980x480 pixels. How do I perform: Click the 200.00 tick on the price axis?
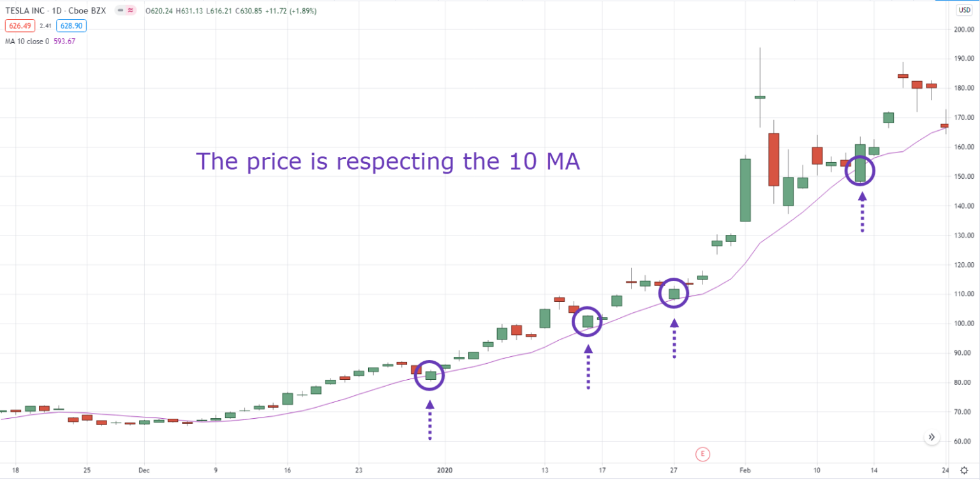[964, 29]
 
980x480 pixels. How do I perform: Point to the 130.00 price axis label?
[964, 236]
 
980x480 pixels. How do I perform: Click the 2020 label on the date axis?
[445, 470]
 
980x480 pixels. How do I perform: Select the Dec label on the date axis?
[144, 470]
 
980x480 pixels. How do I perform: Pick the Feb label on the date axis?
[744, 470]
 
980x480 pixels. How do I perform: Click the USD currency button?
[963, 10]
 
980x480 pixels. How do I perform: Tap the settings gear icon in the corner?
[964, 470]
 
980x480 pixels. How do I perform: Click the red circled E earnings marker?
[702, 454]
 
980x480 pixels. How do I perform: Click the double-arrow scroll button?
[932, 437]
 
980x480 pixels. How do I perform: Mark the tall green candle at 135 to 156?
[745, 190]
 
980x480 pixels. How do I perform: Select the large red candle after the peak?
[773, 160]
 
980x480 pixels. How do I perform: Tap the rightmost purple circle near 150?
[860, 171]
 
